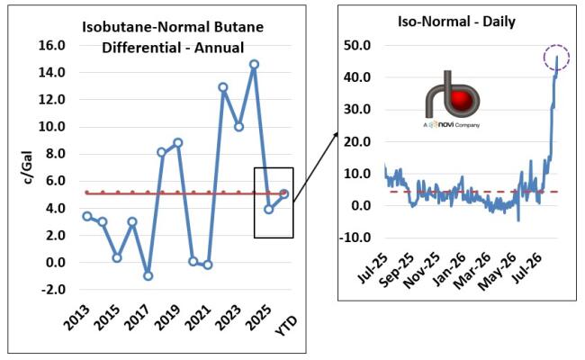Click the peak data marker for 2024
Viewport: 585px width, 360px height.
click(x=254, y=65)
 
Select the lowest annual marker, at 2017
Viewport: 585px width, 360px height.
click(x=148, y=276)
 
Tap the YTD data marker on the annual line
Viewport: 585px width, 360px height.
click(x=284, y=194)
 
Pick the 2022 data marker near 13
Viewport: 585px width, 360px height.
click(x=222, y=87)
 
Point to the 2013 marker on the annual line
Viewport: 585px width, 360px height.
click(x=87, y=216)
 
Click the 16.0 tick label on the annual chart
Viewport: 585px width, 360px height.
click(x=52, y=46)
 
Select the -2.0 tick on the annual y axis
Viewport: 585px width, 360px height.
click(x=52, y=290)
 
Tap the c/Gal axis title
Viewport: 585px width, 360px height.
click(x=28, y=167)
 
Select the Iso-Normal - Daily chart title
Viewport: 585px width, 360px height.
click(x=456, y=22)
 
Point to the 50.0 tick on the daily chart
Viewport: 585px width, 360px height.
click(x=357, y=46)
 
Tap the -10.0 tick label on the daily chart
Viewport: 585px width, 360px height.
click(x=355, y=238)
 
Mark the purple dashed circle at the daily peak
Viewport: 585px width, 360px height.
click(x=556, y=58)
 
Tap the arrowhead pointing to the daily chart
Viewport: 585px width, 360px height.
click(x=335, y=135)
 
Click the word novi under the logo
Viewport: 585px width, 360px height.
click(x=445, y=124)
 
